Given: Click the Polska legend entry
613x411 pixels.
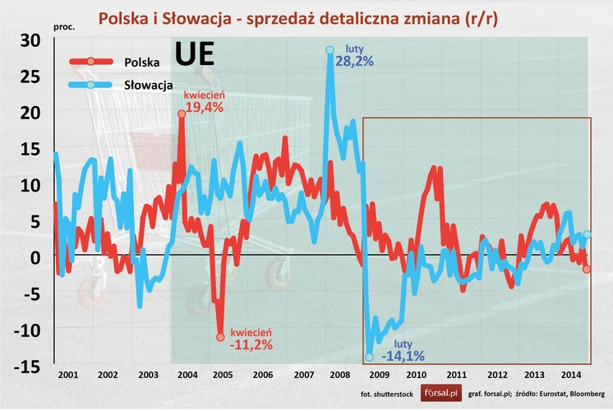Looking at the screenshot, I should click(x=141, y=62).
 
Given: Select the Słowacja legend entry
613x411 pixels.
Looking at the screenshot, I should click(x=147, y=85).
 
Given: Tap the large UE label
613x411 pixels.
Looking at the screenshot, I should click(x=195, y=54).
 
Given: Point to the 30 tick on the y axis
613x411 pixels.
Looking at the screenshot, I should click(x=31, y=40).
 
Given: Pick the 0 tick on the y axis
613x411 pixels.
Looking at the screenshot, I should click(x=35, y=257).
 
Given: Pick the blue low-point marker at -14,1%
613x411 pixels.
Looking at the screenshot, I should click(x=369, y=357).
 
